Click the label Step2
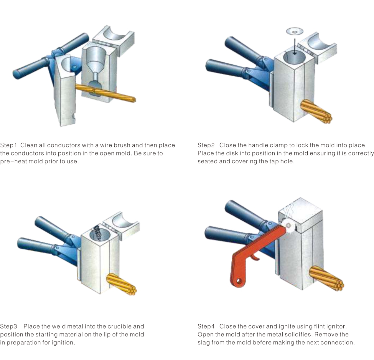coord(206,145)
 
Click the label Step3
coord(9,326)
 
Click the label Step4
coord(206,326)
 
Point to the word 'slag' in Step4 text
coord(203,343)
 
